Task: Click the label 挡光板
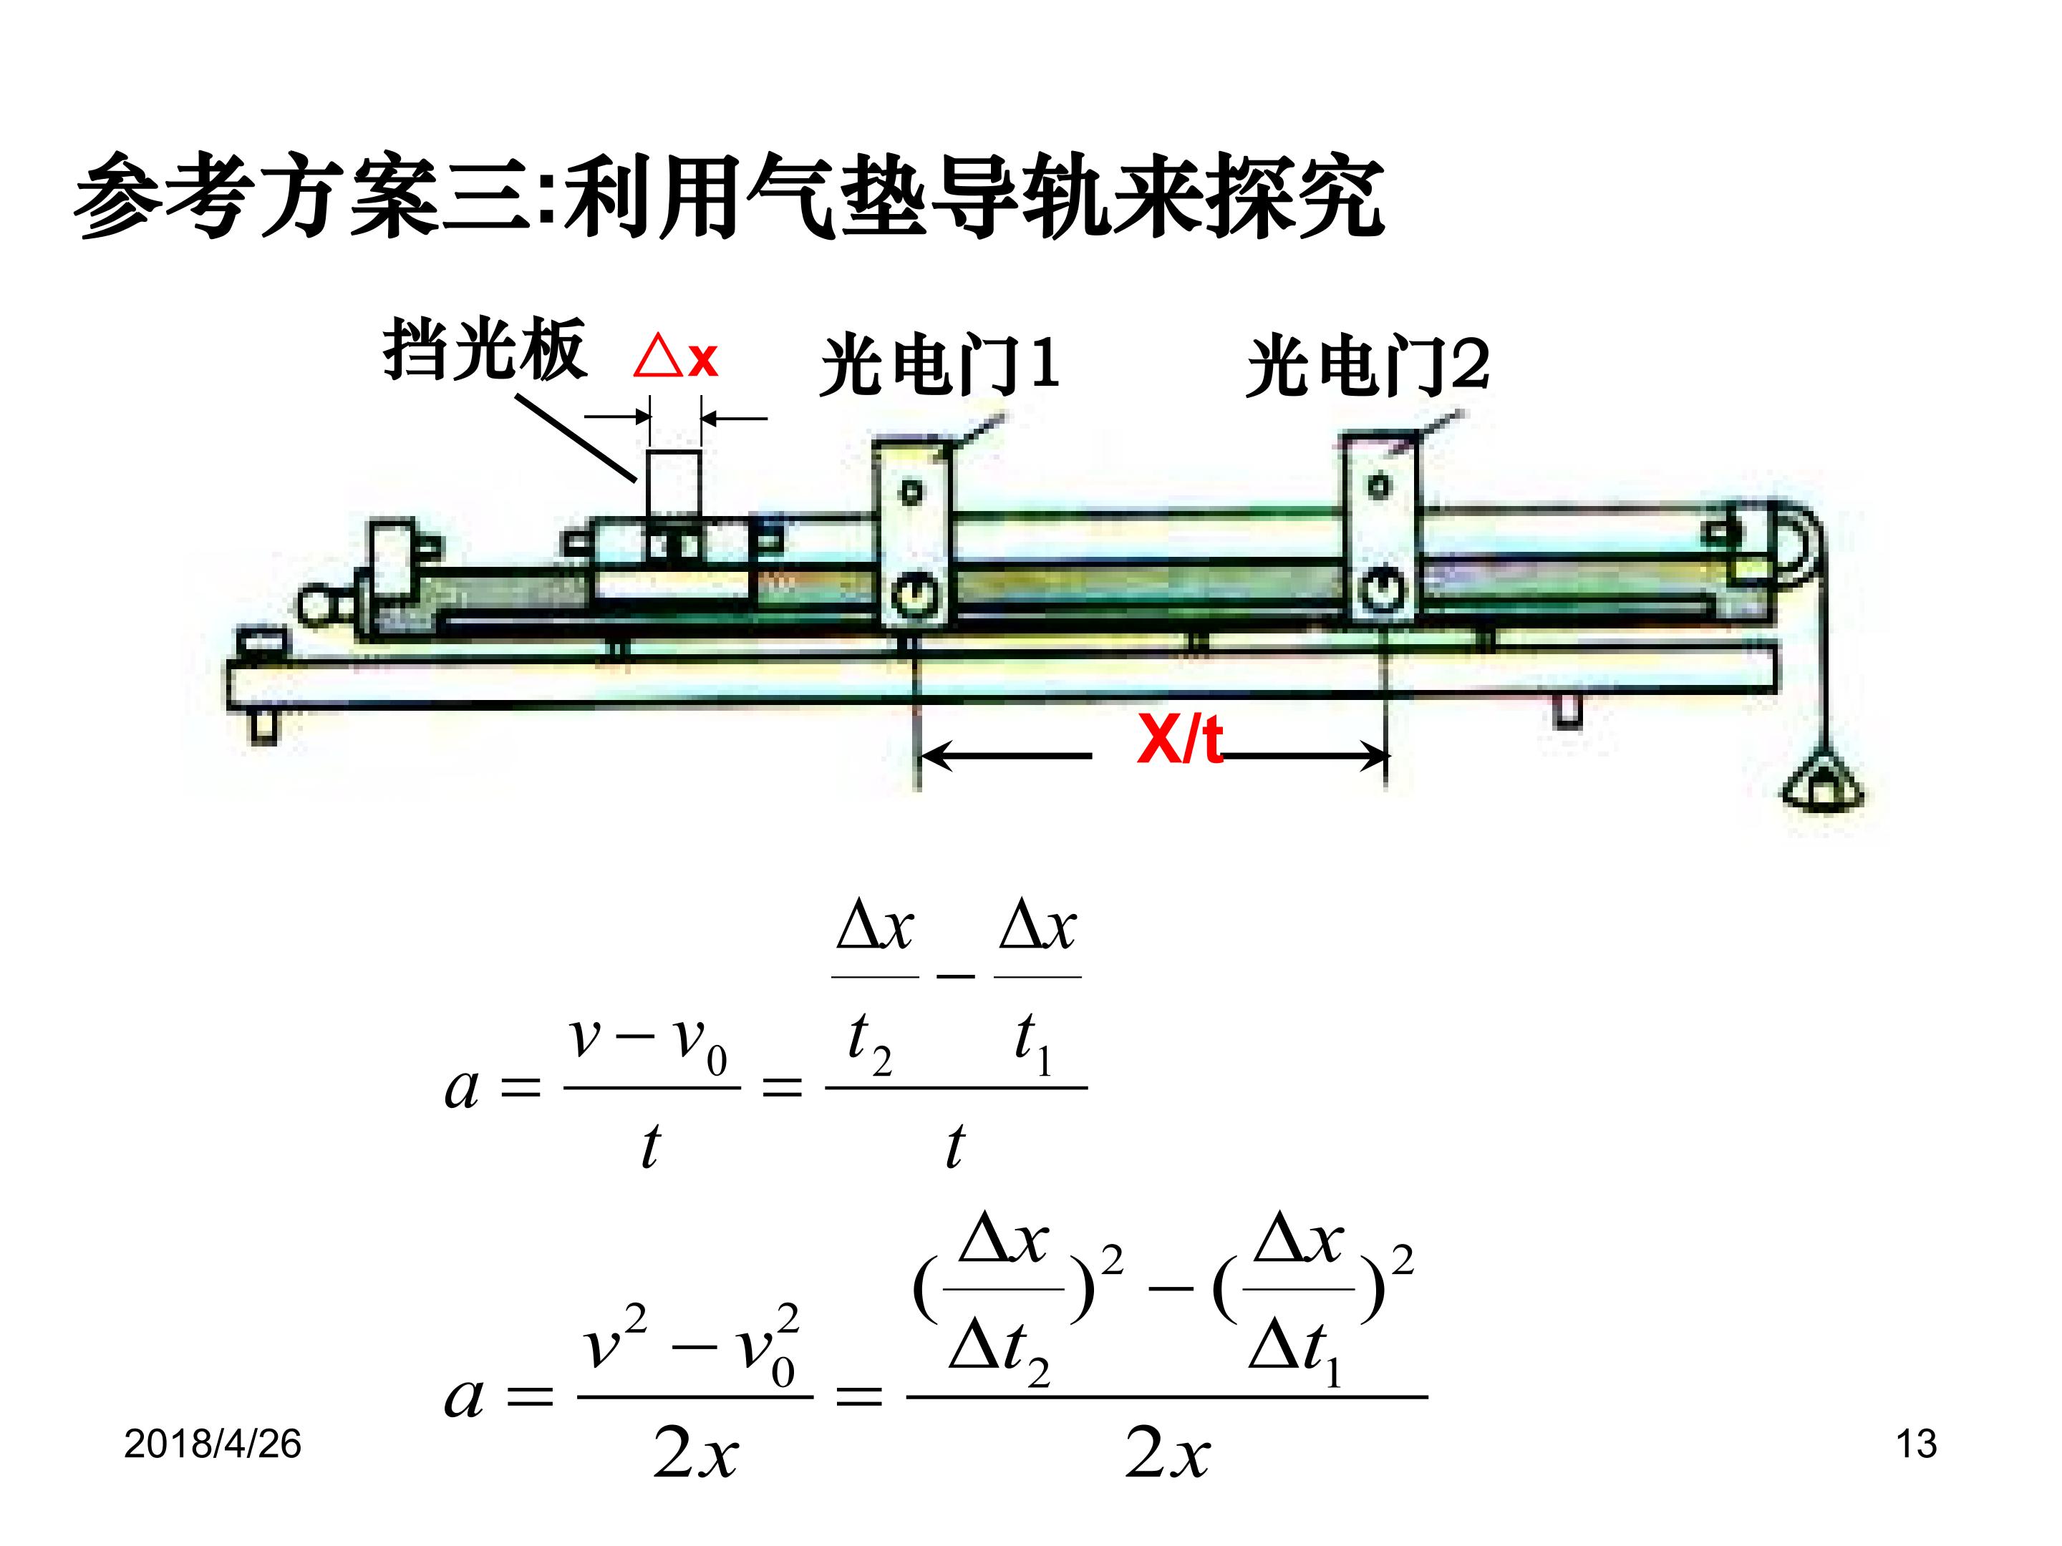coord(484,349)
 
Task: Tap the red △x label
coord(676,357)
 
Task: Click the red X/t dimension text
coord(1179,741)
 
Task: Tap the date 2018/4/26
coord(213,1444)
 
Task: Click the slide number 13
coord(1917,1444)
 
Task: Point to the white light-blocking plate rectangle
coord(674,482)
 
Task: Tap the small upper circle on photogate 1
coord(911,490)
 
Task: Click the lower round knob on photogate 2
coord(1382,589)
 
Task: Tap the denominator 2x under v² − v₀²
coord(695,1453)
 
